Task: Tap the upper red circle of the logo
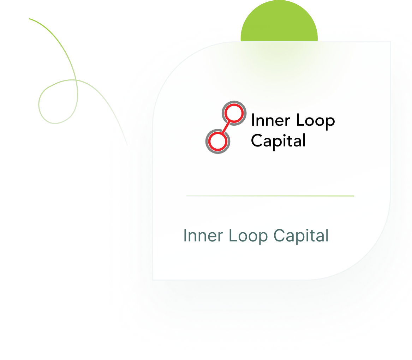click(x=233, y=113)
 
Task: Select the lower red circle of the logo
click(x=217, y=142)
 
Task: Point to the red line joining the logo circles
click(x=226, y=127)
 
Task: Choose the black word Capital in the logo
click(x=278, y=141)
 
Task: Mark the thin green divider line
click(x=270, y=196)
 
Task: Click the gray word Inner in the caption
click(x=203, y=236)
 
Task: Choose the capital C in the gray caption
click(x=279, y=236)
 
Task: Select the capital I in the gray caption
click(x=185, y=236)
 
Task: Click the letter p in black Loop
click(x=330, y=123)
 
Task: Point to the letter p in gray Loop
click(x=263, y=238)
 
